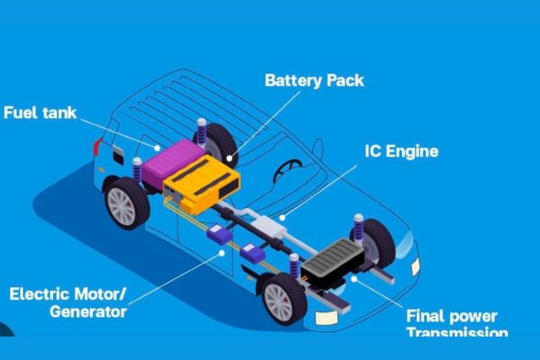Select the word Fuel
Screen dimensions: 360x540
pos(22,113)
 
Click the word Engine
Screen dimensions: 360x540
pos(410,151)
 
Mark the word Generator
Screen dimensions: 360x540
pos(87,311)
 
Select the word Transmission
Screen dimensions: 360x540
pos(456,333)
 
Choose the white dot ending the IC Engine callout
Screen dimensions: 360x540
pos(281,216)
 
